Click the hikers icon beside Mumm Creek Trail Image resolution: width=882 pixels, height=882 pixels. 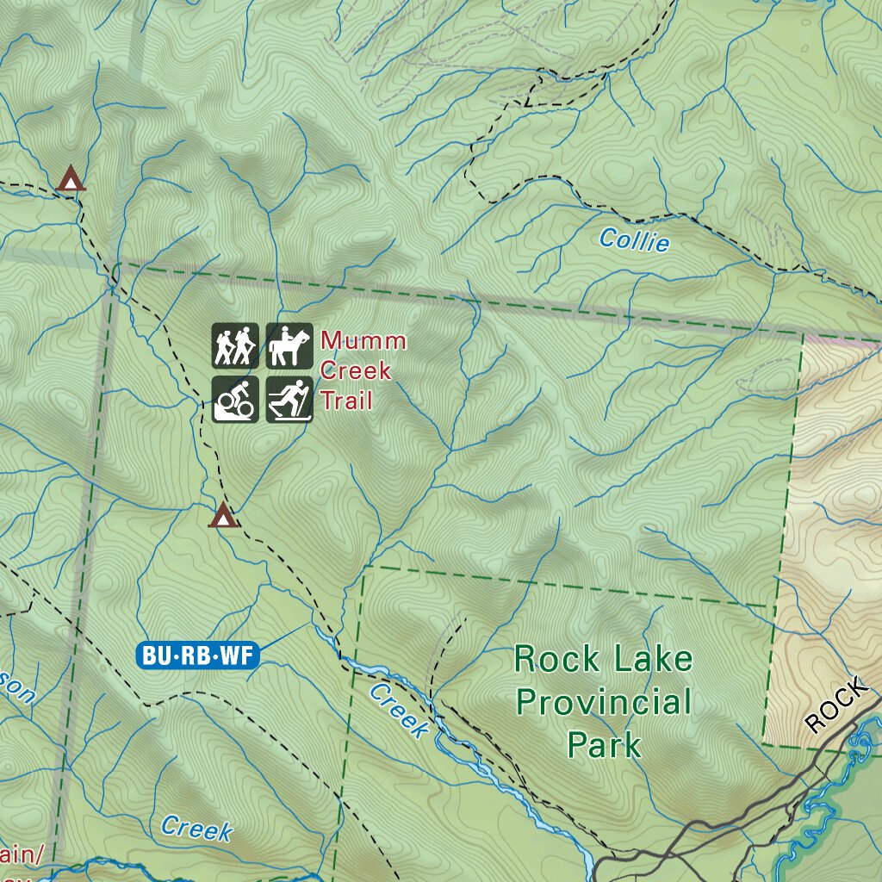tap(235, 345)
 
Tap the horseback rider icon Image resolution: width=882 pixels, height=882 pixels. tap(289, 345)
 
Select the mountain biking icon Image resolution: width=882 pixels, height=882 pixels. tap(235, 399)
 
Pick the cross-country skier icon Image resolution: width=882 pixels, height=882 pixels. tap(289, 399)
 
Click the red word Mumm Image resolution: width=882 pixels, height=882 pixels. tap(363, 341)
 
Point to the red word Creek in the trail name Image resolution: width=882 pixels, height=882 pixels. tap(356, 371)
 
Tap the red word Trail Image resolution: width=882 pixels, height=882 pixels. tap(346, 401)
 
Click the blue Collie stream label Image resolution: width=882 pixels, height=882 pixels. tap(634, 240)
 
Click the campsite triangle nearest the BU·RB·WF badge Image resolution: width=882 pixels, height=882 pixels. tap(223, 516)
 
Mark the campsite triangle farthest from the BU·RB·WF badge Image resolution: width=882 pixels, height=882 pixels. tap(71, 179)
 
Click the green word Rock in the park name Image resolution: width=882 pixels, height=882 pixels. tap(556, 660)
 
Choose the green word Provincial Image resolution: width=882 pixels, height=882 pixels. tap(603, 702)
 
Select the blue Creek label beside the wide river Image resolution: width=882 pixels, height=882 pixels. tap(399, 711)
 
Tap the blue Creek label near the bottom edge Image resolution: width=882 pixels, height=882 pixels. tap(196, 829)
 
